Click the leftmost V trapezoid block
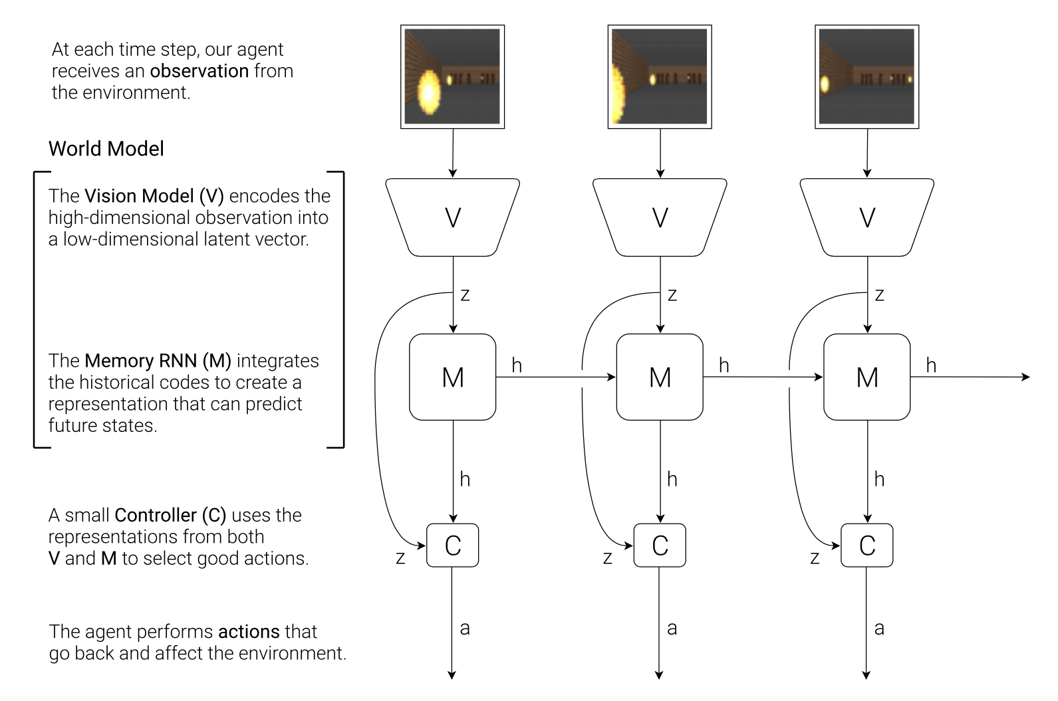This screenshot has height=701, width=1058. [x=453, y=217]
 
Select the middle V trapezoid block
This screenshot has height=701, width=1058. [x=660, y=217]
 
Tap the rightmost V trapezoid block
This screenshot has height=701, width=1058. [x=867, y=217]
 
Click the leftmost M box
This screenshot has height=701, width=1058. [x=453, y=377]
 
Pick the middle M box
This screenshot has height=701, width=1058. [x=660, y=377]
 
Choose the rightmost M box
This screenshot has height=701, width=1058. [x=867, y=377]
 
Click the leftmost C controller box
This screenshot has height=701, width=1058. [x=453, y=546]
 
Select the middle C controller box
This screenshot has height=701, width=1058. [x=660, y=546]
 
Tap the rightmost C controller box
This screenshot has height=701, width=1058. [x=867, y=546]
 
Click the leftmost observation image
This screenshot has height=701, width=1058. [x=453, y=76]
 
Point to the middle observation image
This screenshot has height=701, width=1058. [x=660, y=76]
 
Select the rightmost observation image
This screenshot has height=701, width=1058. [x=867, y=76]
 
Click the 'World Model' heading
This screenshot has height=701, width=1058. [x=106, y=149]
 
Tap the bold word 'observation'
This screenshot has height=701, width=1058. [x=199, y=71]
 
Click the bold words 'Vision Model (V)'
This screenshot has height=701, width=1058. [x=154, y=196]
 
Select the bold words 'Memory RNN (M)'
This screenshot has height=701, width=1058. [x=158, y=361]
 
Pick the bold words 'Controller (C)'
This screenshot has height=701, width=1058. [x=170, y=516]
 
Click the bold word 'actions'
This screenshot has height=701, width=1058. [x=250, y=631]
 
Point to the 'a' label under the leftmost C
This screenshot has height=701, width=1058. [x=465, y=628]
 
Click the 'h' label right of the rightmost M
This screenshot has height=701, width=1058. [x=931, y=365]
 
